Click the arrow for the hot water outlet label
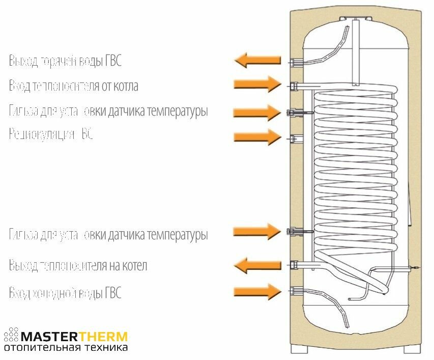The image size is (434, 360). point(257,61)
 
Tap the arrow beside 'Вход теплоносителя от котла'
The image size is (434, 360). point(257,85)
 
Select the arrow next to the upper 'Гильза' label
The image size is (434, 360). point(257,112)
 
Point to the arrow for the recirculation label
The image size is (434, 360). point(257,136)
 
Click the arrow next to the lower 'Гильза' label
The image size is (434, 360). point(257,232)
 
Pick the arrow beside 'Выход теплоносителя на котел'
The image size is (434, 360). point(257,265)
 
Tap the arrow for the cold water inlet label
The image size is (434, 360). point(257,291)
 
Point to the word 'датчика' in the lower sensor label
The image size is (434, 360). point(126,235)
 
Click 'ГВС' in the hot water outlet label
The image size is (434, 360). point(113,61)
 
